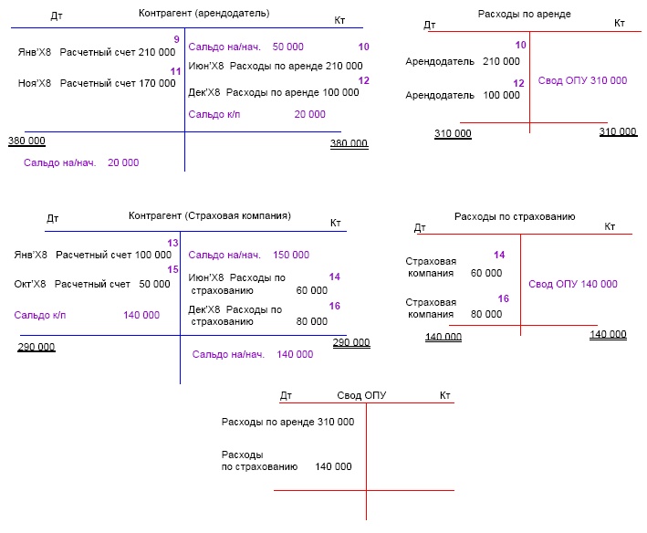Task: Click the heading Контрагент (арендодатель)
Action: pos(204,14)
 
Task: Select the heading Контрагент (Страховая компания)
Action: pos(210,216)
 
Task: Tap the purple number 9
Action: pos(176,39)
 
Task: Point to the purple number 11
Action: pos(175,71)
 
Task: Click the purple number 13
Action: pos(173,242)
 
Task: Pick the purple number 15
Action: pos(172,269)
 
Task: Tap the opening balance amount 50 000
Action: pos(288,47)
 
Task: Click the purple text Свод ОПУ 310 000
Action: pos(583,81)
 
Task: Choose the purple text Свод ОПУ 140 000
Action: pos(573,284)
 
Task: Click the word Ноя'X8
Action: pos(35,83)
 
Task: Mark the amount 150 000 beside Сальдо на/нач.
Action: pos(291,255)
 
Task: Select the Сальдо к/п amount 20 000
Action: pos(309,114)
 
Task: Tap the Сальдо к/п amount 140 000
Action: pos(141,315)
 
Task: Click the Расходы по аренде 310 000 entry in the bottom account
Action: pos(287,423)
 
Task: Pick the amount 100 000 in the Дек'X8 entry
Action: pos(341,93)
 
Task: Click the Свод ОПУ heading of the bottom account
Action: pos(361,395)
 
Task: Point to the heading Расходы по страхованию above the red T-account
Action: pos(515,216)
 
